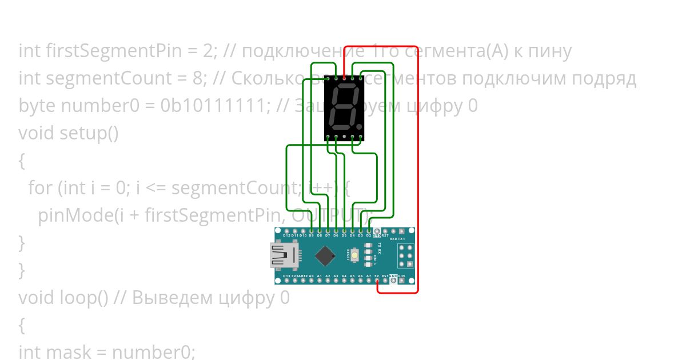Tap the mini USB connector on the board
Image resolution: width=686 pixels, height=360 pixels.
(x=285, y=255)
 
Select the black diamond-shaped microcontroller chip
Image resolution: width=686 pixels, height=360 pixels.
(x=325, y=255)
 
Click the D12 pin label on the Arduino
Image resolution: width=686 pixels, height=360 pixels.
(x=286, y=235)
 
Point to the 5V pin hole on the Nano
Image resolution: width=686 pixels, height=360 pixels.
(x=377, y=281)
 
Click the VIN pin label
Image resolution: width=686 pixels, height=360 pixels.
(x=401, y=276)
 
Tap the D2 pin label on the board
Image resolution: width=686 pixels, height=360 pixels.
(x=369, y=235)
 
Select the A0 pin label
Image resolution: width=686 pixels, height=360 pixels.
(x=311, y=276)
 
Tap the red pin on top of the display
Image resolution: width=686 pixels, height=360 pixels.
(x=344, y=77)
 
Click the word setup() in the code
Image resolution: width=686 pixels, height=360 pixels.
(x=89, y=133)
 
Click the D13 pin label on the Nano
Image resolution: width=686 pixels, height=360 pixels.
(x=286, y=276)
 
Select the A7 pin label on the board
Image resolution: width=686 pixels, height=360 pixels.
(x=369, y=276)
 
